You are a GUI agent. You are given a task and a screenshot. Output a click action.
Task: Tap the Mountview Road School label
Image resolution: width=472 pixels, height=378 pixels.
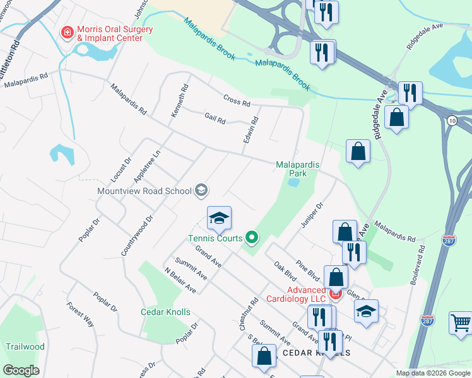pyautogui.click(x=144, y=191)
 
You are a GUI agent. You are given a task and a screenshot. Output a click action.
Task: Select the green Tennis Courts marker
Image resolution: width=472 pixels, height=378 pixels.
pyautogui.click(x=252, y=238)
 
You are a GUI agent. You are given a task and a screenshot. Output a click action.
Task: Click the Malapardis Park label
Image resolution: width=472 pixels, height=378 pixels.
pyautogui.click(x=298, y=168)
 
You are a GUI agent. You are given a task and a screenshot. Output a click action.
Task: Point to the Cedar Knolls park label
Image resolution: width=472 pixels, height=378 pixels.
pyautogui.click(x=165, y=312)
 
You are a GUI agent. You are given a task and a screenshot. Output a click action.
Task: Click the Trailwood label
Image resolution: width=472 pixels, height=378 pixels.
pyautogui.click(x=25, y=346)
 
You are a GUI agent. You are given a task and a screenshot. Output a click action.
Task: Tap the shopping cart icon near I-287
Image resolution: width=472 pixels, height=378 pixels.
pyautogui.click(x=461, y=323)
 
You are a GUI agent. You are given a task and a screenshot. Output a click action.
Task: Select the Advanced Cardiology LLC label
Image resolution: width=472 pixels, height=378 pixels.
pyautogui.click(x=296, y=294)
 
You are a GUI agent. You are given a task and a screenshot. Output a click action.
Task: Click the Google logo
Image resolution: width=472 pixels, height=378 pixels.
pyautogui.click(x=21, y=370)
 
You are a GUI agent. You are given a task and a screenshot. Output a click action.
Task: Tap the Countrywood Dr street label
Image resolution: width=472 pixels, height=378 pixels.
pyautogui.click(x=137, y=236)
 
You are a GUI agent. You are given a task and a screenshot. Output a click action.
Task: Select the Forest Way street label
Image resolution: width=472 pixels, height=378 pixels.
pyautogui.click(x=80, y=314)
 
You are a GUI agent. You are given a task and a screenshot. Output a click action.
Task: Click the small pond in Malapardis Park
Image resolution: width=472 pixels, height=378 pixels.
pyautogui.click(x=293, y=183)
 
